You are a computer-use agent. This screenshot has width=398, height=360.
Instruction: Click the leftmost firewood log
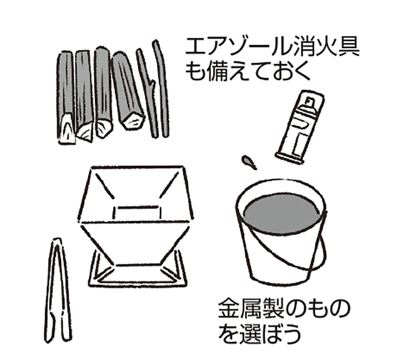(65, 98)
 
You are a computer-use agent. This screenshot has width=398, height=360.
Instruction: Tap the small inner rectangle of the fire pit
(138, 212)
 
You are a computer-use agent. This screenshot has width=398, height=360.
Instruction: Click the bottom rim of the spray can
(289, 158)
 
